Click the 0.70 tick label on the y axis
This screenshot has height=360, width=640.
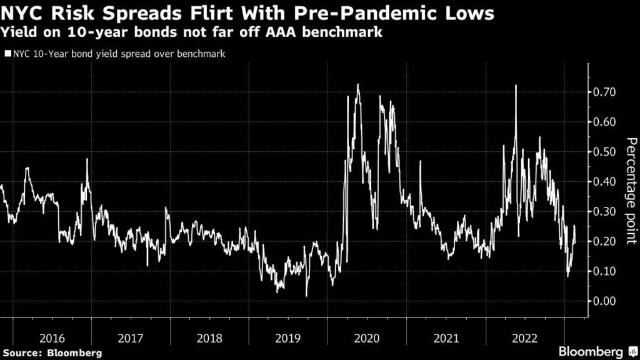[x=604, y=92]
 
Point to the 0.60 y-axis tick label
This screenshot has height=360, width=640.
[x=604, y=122]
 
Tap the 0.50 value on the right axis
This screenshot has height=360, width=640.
[x=604, y=152]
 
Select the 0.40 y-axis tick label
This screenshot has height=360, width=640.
[x=604, y=182]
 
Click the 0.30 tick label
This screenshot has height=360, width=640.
[x=604, y=212]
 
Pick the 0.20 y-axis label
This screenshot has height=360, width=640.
[x=604, y=241]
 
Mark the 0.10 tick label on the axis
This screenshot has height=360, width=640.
[x=604, y=271]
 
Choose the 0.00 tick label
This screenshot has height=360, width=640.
[x=604, y=301]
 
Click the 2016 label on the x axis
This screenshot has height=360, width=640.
[x=52, y=338]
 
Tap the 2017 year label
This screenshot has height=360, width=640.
[x=131, y=338]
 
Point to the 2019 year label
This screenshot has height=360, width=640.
[x=288, y=338]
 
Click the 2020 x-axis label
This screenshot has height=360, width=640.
[x=367, y=338]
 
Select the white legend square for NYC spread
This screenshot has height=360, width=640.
[x=7, y=54]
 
